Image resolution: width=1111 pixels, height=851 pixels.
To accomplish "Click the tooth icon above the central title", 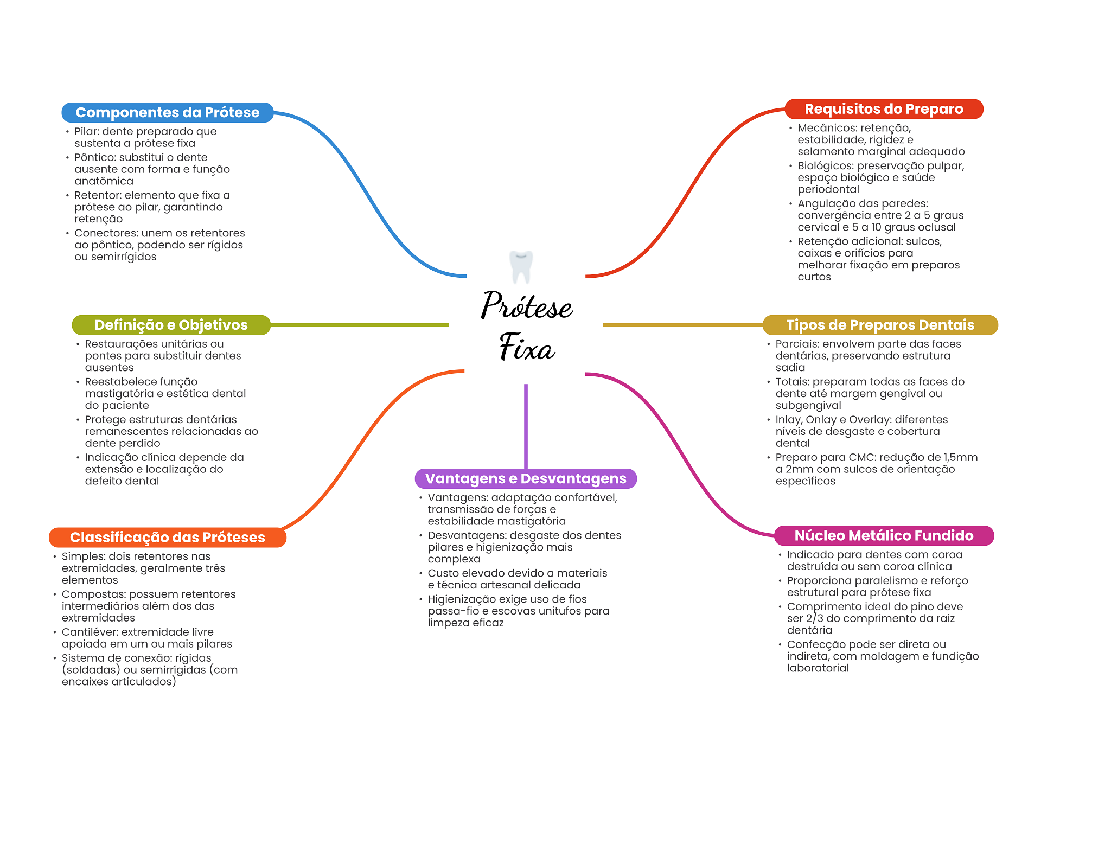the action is [521, 267].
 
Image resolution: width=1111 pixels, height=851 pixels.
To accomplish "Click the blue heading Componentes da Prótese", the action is [168, 112].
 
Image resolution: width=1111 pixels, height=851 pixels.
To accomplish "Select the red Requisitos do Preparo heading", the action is [884, 109].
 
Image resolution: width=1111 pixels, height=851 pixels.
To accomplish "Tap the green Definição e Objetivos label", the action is [171, 325].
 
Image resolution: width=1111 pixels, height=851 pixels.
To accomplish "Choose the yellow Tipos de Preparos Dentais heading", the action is [880, 325].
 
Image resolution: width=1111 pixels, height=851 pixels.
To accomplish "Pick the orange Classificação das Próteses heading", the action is [168, 538].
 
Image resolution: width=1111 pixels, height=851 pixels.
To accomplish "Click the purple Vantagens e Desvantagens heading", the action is [526, 478].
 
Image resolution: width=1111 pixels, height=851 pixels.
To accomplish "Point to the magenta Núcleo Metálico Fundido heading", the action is [884, 536].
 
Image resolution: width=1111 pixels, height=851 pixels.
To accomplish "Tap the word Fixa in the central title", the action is [527, 347].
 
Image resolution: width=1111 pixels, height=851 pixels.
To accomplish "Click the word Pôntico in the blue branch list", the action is [95, 157].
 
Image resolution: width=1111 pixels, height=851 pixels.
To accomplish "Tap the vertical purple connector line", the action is [526, 426].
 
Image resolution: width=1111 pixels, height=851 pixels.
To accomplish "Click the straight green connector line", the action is [360, 325].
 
